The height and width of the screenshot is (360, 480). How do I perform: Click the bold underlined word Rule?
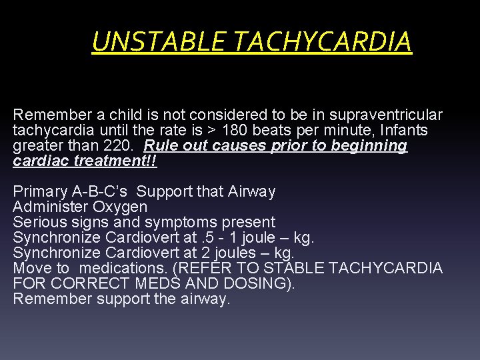click(x=161, y=145)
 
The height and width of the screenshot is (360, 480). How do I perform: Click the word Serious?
click(x=38, y=222)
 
